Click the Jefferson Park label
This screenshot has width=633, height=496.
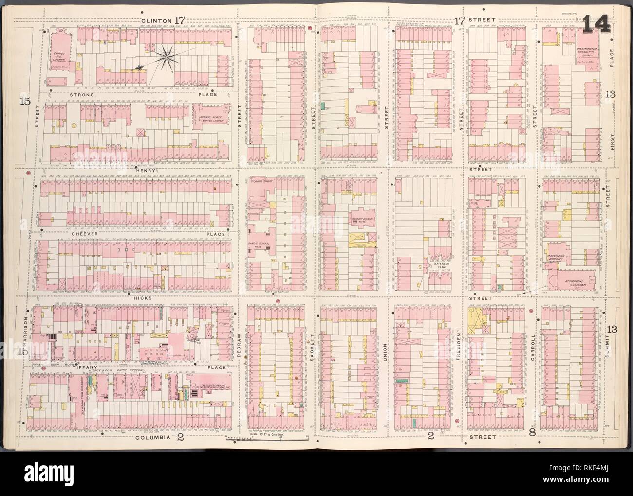click(440, 263)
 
